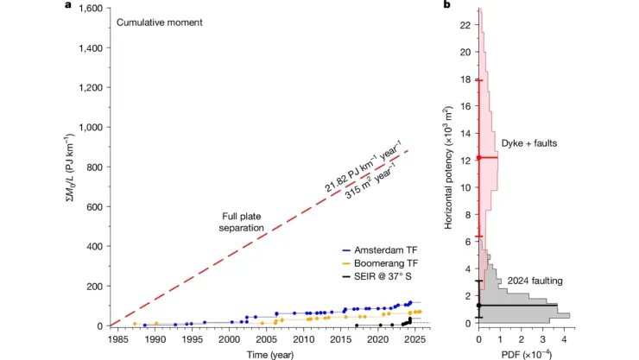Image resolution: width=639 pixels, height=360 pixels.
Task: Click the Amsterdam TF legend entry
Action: click(380, 250)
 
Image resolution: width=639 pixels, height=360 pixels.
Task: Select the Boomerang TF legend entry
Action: click(380, 263)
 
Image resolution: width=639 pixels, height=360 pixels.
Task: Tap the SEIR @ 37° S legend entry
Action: click(377, 277)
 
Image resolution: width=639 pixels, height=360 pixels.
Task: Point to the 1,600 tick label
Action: click(91, 8)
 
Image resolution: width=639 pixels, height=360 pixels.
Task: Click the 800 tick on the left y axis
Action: click(95, 167)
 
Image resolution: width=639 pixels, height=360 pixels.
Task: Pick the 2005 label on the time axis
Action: click(267, 339)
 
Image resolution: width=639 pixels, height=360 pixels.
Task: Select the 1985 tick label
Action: click(117, 339)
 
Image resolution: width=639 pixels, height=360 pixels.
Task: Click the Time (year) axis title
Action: click(270, 355)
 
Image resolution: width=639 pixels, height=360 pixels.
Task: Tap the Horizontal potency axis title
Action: click(448, 167)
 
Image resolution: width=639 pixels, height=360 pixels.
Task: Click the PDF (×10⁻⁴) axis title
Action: click(527, 354)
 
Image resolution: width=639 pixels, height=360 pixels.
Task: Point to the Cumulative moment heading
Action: click(160, 22)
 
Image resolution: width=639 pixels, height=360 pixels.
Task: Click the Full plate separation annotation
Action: click(241, 222)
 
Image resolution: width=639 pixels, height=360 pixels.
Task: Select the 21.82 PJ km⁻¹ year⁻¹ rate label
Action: click(363, 166)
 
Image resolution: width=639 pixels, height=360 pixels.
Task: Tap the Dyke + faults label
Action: click(529, 143)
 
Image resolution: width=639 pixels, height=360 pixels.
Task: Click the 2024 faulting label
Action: click(535, 281)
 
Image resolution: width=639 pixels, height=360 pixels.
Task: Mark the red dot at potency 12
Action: click(479, 158)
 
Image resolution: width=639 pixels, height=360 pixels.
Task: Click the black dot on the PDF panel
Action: click(479, 306)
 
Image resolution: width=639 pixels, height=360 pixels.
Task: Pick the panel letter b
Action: click(447, 5)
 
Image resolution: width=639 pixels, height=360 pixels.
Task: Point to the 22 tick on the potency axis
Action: click(465, 25)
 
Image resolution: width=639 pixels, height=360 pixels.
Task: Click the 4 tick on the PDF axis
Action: click(564, 339)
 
